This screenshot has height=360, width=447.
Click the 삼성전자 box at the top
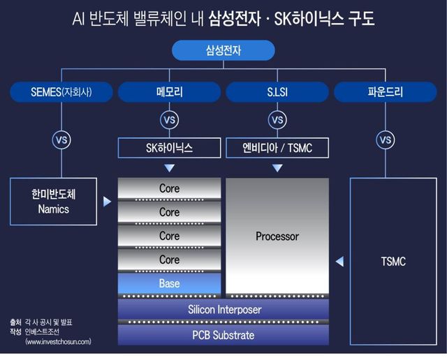pyautogui.click(x=223, y=51)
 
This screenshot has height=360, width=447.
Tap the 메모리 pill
pyautogui.click(x=169, y=91)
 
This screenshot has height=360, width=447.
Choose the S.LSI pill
pyautogui.click(x=277, y=91)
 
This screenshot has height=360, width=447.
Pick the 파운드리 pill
pyautogui.click(x=385, y=91)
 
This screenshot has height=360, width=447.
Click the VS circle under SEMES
pyautogui.click(x=61, y=140)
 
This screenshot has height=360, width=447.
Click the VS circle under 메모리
pyautogui.click(x=169, y=120)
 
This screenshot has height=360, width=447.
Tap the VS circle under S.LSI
pyautogui.click(x=277, y=120)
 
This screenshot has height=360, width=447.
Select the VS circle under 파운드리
pyautogui.click(x=385, y=140)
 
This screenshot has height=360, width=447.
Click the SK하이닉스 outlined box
pyautogui.click(x=169, y=148)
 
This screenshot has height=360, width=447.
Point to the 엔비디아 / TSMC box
pyautogui.click(x=277, y=148)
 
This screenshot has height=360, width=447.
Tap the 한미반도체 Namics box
pyautogui.click(x=54, y=201)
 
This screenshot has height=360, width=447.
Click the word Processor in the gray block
pyautogui.click(x=277, y=236)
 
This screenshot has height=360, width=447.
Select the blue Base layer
pyautogui.click(x=169, y=283)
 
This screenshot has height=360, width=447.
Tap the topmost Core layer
pyautogui.click(x=169, y=188)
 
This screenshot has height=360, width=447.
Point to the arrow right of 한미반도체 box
pyautogui.click(x=107, y=202)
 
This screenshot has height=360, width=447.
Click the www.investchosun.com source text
pyautogui.click(x=57, y=342)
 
